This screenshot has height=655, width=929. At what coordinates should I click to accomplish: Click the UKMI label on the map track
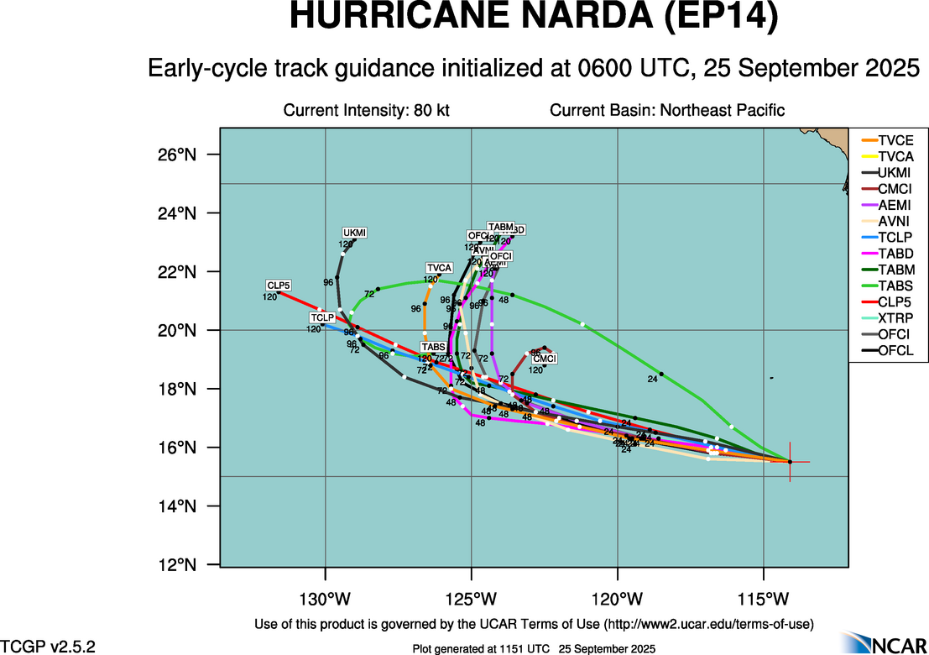pyautogui.click(x=355, y=233)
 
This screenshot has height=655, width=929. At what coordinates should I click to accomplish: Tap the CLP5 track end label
pyautogui.click(x=278, y=286)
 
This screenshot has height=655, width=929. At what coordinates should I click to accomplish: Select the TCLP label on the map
pyautogui.click(x=322, y=317)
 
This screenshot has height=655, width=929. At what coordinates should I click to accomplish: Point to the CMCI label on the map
pyautogui.click(x=545, y=359)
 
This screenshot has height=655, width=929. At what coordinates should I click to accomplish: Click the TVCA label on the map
pyautogui.click(x=439, y=268)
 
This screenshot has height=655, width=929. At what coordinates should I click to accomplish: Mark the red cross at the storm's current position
pyautogui.click(x=790, y=462)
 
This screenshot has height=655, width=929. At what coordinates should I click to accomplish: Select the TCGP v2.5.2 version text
pyautogui.click(x=49, y=647)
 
